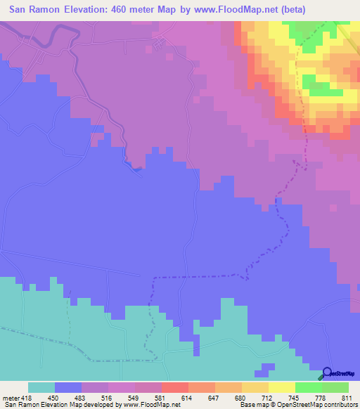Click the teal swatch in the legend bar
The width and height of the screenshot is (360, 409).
click(x=41, y=387)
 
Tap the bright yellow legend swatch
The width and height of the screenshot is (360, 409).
click(x=282, y=387)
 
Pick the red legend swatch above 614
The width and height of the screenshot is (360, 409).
click(x=175, y=387)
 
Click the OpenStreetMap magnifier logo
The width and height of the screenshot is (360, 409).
click(x=328, y=374)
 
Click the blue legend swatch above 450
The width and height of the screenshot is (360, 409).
click(x=68, y=387)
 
